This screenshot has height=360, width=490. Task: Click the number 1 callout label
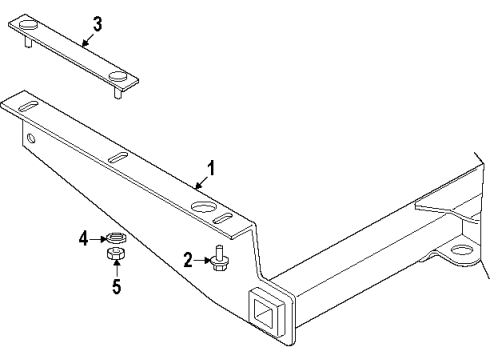(211, 168)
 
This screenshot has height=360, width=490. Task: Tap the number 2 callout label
(187, 260)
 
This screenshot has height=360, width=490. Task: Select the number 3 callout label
(97, 22)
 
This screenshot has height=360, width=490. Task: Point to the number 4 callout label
(86, 237)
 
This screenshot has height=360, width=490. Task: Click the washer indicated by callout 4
(115, 238)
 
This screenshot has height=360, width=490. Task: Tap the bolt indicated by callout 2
(219, 259)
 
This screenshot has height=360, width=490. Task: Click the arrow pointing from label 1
(201, 180)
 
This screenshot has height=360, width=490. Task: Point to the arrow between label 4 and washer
(99, 238)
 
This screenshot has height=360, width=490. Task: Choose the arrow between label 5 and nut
(115, 274)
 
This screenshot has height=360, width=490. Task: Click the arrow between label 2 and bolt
(202, 260)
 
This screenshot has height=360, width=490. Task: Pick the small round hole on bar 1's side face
(31, 136)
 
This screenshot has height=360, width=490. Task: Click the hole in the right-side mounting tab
(460, 250)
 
